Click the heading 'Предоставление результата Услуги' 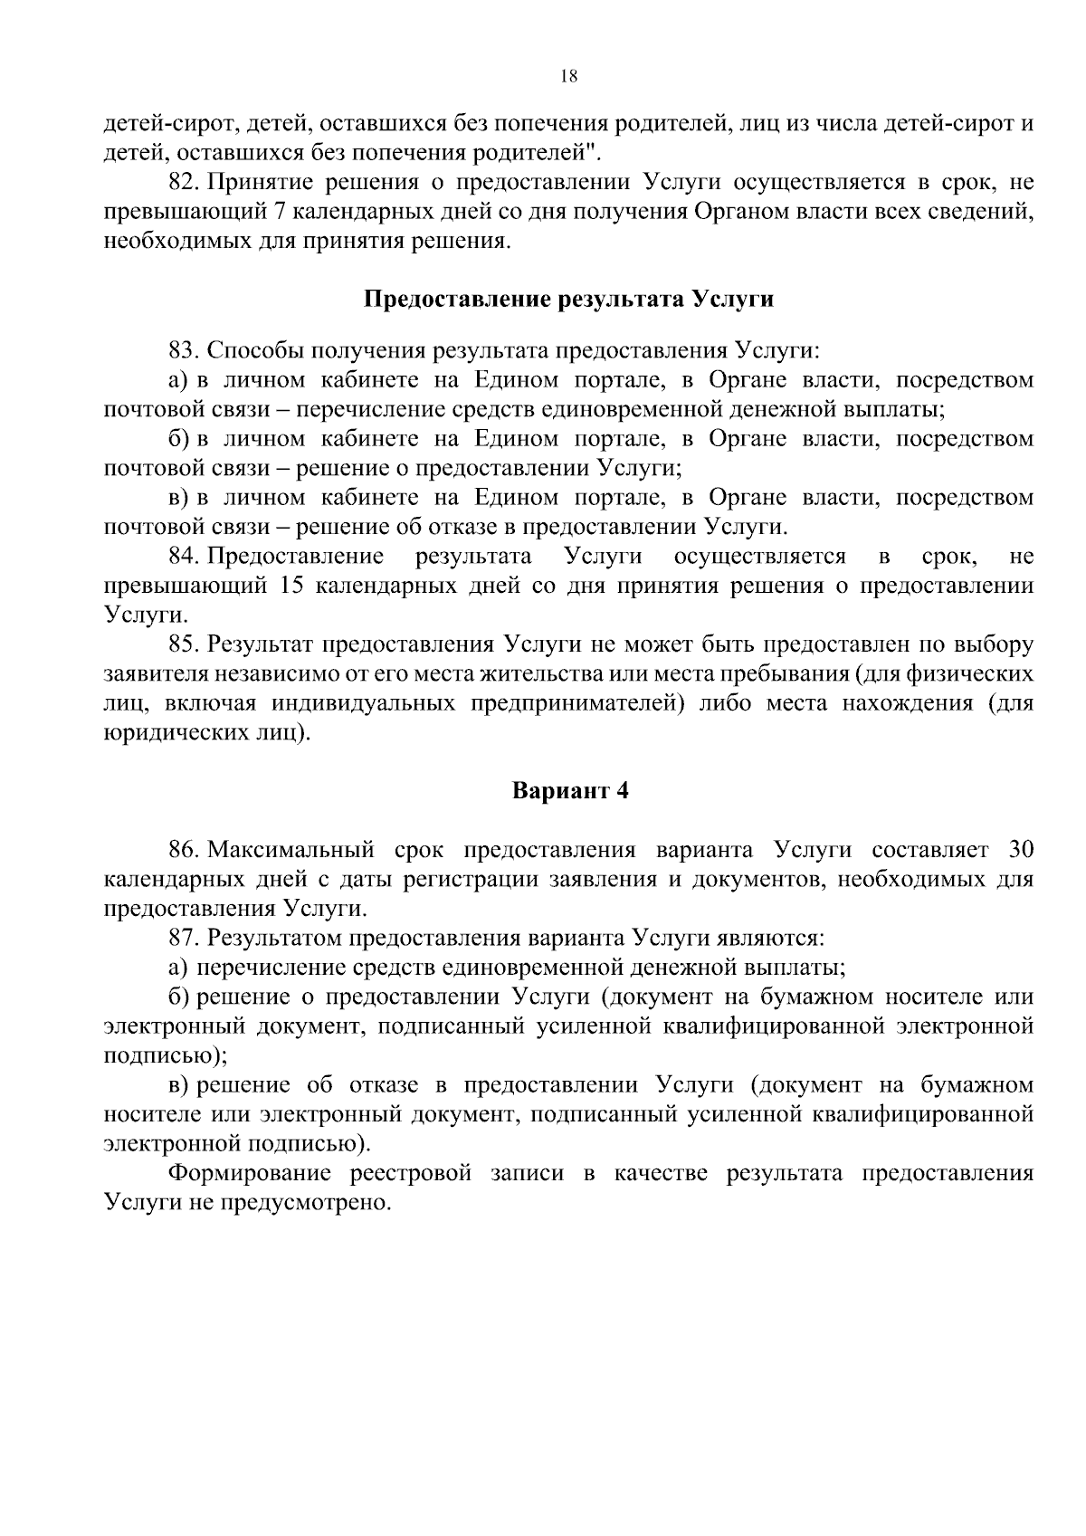point(568,299)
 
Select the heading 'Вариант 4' point(570,790)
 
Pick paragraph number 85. point(183,644)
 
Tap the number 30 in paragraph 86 point(1020,850)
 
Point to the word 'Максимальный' point(291,850)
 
